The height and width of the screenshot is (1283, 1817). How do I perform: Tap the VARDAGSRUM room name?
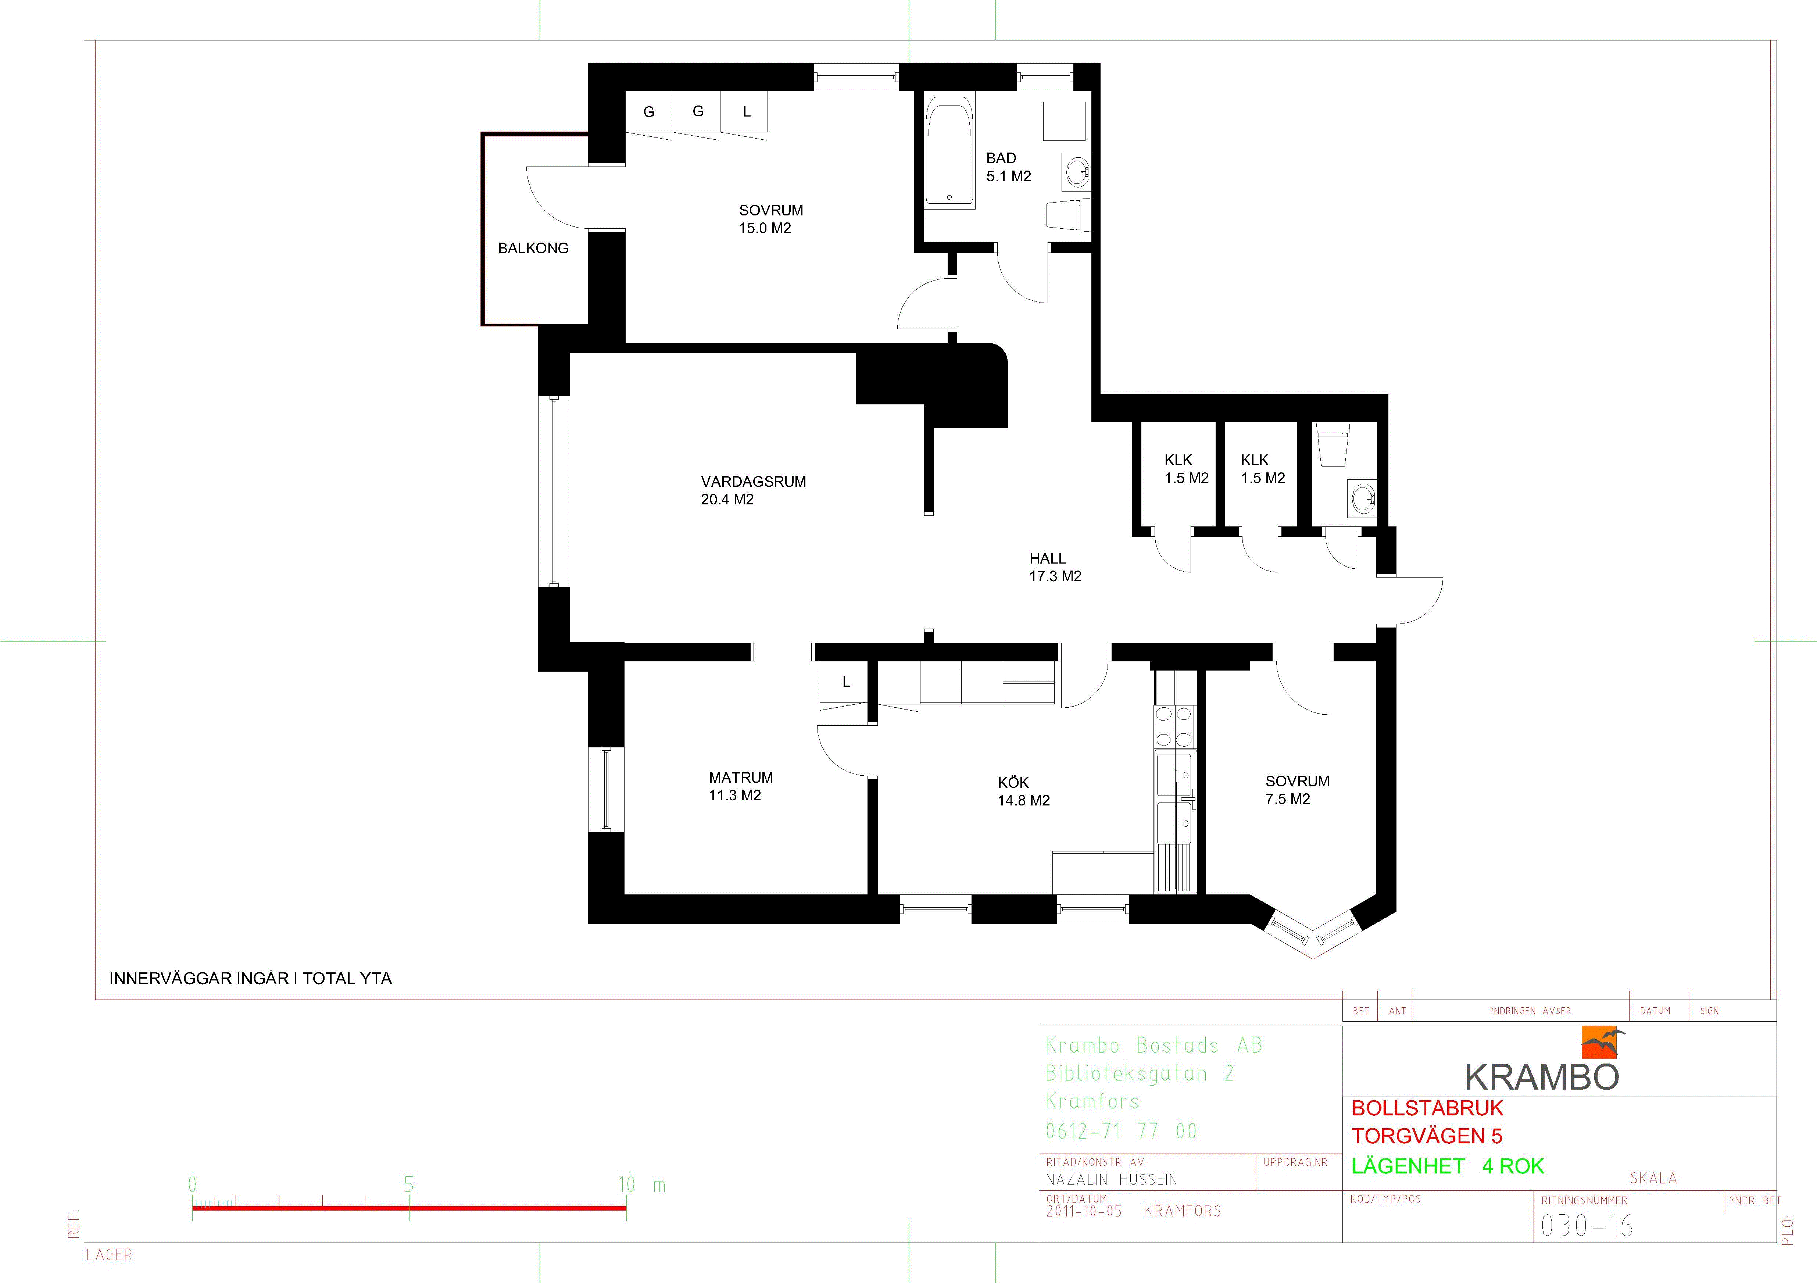click(x=754, y=481)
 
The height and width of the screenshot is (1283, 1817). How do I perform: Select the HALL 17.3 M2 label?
click(x=1055, y=567)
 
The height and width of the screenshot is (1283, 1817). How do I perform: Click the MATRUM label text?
click(x=741, y=777)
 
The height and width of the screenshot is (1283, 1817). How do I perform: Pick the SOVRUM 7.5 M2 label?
click(x=1297, y=790)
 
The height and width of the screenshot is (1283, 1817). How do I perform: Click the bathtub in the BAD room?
click(x=951, y=153)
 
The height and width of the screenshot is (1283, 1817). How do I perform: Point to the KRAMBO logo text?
click(x=1542, y=1076)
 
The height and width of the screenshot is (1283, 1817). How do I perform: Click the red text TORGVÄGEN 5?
click(x=1426, y=1136)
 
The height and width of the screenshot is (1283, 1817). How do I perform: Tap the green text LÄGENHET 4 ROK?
click(x=1448, y=1166)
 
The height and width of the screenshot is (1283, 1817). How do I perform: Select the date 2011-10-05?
click(x=1083, y=1211)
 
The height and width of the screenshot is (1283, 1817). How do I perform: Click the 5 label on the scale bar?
click(x=408, y=1184)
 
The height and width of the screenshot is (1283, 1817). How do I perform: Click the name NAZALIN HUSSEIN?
click(x=1111, y=1179)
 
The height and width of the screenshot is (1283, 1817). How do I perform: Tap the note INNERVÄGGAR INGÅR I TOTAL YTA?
click(x=250, y=978)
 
